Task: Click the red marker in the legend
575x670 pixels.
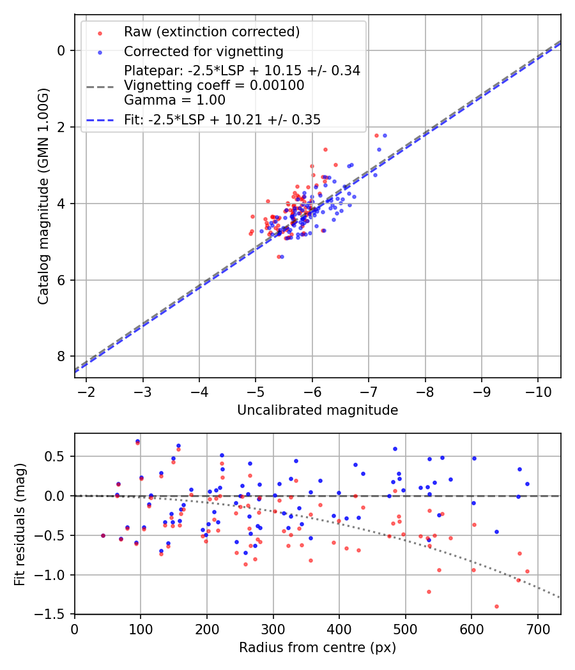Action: [x=100, y=33]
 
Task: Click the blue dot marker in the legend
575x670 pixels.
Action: [x=100, y=52]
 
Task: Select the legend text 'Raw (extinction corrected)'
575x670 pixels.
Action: [x=211, y=32]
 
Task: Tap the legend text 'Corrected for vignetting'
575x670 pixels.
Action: [x=204, y=52]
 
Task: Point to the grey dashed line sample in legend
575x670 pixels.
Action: [x=100, y=87]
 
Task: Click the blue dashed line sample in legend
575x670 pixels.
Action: [x=100, y=121]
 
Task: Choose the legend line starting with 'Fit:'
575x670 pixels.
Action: [x=222, y=120]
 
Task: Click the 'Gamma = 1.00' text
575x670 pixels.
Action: [x=174, y=100]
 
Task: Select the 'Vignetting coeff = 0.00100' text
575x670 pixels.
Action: [x=214, y=86]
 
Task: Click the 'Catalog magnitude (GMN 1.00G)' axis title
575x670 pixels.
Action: [x=43, y=197]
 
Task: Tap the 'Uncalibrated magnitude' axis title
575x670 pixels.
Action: [x=318, y=410]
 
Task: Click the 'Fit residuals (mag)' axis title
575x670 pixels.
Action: [x=20, y=525]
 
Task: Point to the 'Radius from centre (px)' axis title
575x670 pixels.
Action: [x=318, y=648]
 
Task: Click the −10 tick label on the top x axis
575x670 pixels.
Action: [x=538, y=392]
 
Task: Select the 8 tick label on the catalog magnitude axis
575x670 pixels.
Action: [x=61, y=356]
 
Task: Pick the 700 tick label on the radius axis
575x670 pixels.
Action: [x=537, y=629]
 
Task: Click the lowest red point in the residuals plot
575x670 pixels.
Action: [x=496, y=607]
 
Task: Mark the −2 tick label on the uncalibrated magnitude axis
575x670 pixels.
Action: [x=86, y=392]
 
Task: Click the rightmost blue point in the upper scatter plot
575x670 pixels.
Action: [x=385, y=135]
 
